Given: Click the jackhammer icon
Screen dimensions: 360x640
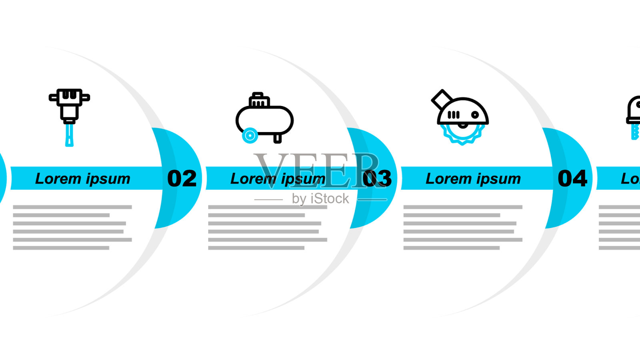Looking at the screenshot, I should click(x=69, y=116).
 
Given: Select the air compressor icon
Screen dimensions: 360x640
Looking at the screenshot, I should click(x=264, y=118).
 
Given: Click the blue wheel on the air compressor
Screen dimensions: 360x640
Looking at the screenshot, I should click(x=250, y=136).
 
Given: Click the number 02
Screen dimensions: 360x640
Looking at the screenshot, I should click(x=182, y=178).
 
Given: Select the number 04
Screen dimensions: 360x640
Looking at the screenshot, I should click(x=572, y=178).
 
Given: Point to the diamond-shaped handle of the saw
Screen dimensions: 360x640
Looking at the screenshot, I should click(x=442, y=99).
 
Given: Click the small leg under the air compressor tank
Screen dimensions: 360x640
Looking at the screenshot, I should click(x=277, y=138).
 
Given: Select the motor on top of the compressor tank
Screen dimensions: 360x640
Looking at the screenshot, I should click(x=258, y=100).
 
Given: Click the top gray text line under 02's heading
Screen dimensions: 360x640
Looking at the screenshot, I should click(x=72, y=207).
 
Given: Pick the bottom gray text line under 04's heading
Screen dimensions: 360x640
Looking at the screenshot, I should click(x=452, y=248).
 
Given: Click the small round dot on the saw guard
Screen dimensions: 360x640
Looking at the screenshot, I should click(x=475, y=115).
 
